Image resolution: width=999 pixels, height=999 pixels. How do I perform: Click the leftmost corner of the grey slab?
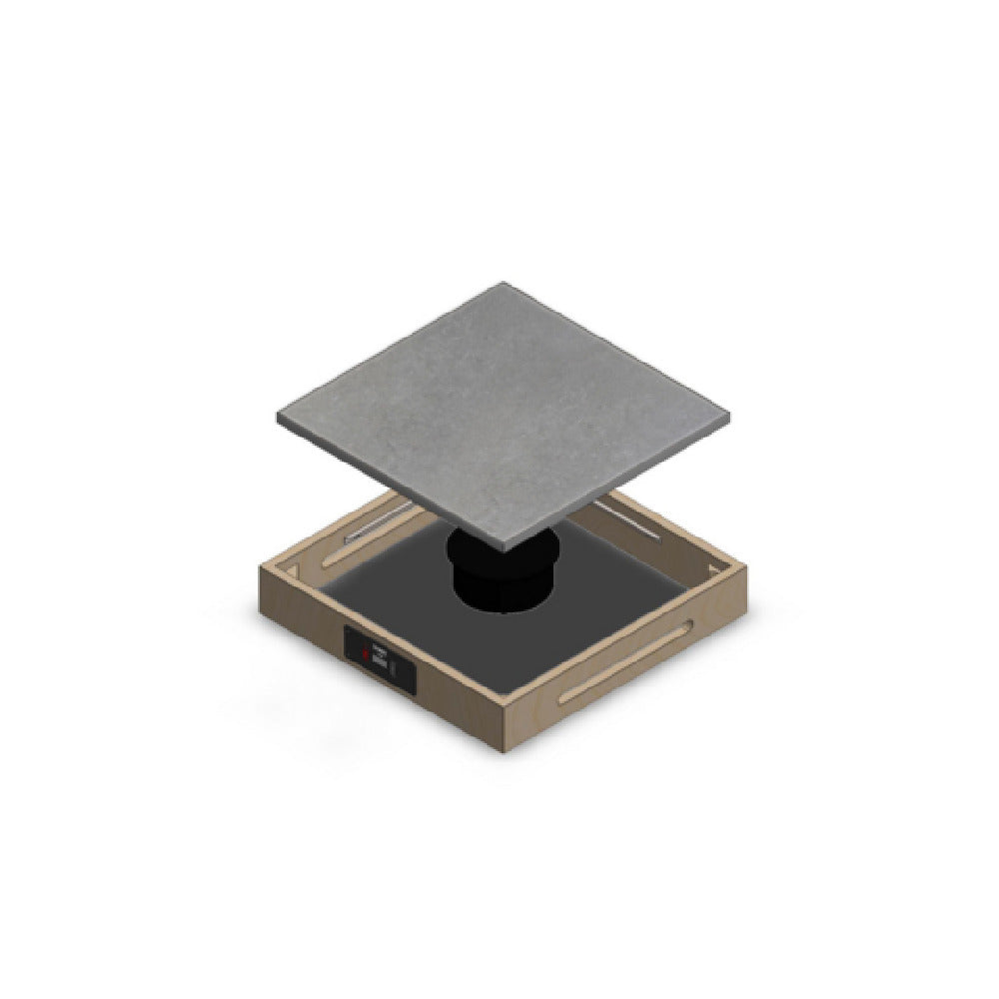click(x=277, y=419)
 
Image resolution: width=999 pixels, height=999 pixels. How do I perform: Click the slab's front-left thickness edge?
click(x=390, y=488)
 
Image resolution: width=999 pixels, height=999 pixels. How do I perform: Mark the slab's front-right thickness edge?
click(x=619, y=483)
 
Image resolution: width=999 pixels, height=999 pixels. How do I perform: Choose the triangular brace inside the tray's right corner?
click(x=719, y=571)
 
